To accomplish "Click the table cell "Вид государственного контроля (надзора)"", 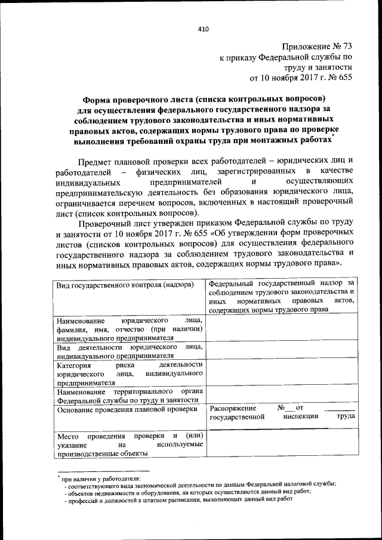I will point(125,286).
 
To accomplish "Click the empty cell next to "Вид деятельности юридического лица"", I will point(281,351).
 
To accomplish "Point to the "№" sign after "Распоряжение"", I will point(281,408).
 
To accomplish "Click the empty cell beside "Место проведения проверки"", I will point(281,445).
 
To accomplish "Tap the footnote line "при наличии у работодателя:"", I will point(100,479).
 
